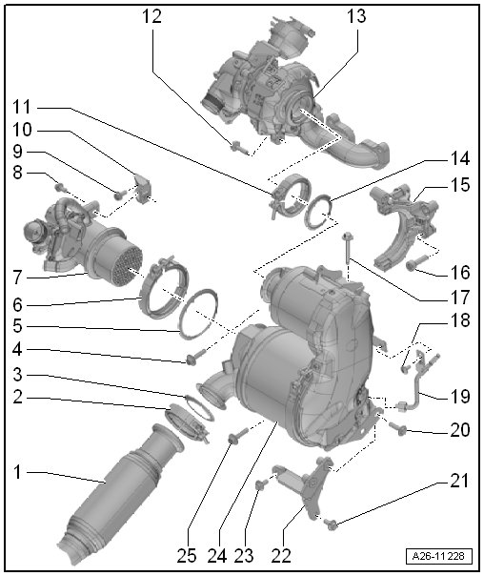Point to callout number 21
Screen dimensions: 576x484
tap(459, 482)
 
